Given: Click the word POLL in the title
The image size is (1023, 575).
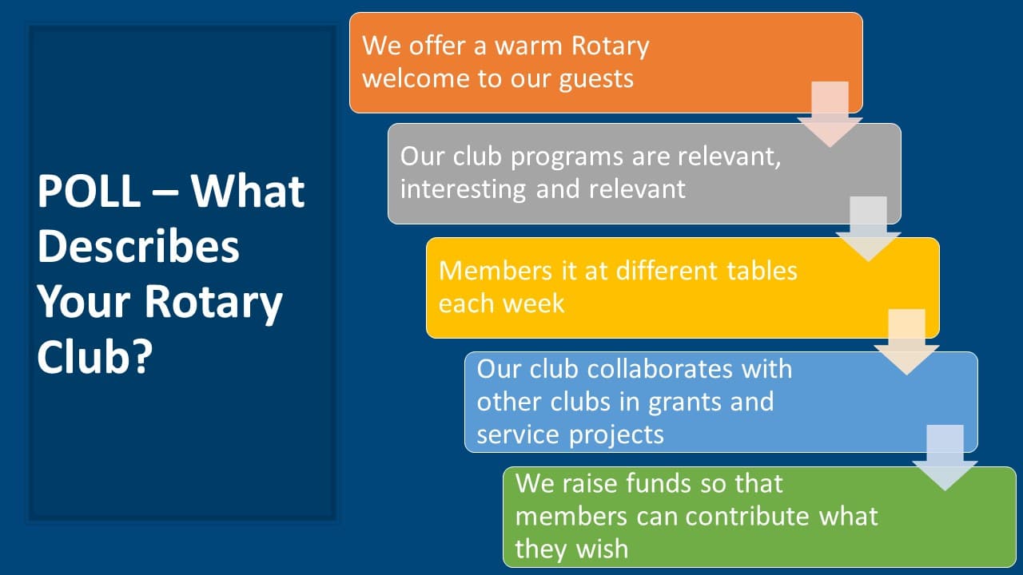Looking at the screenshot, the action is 89,191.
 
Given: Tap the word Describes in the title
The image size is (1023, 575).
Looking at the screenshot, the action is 138,247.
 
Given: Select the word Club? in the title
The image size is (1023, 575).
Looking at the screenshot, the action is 95,357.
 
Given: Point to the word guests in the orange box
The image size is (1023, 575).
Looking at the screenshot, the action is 596,80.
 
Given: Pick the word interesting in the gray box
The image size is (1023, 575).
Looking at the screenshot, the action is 463,189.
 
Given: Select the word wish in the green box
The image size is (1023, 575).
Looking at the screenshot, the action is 602,549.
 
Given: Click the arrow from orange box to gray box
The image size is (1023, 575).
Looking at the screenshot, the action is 830,114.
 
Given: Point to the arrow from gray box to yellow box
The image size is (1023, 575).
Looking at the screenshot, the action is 868,229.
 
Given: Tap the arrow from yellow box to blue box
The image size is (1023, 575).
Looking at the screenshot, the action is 906,343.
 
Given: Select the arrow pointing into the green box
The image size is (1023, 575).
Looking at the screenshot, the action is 945,458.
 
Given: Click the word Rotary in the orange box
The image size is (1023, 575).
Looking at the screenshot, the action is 610,47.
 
